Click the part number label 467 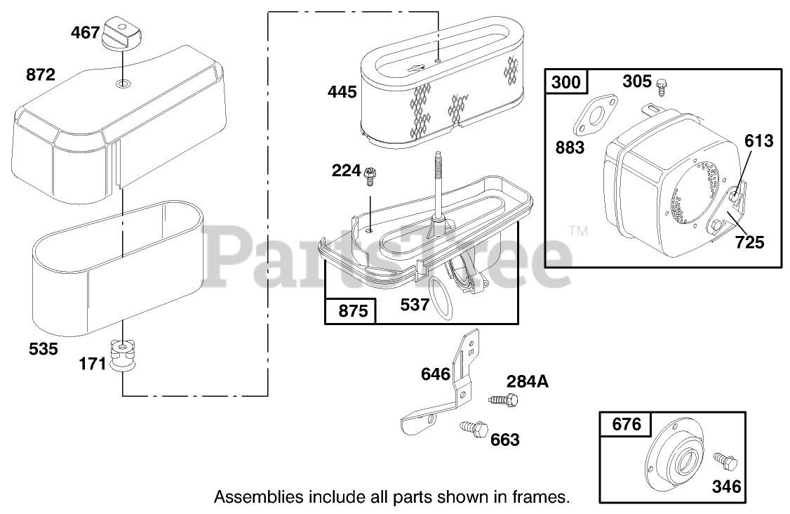tap(85, 33)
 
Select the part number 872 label tap(41, 74)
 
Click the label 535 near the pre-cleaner tap(43, 348)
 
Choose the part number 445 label tap(342, 92)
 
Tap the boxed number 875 tap(353, 311)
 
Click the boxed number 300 tap(565, 81)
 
